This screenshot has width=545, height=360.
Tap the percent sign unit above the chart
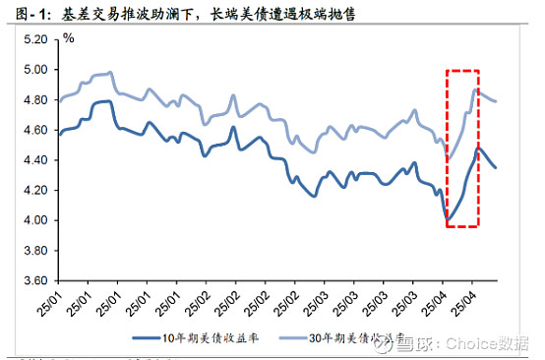pos(68,37)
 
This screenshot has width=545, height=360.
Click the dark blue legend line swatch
pos(151,337)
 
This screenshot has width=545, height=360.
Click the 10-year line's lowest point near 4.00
pos(448,220)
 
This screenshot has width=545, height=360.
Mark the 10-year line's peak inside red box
pos(478,148)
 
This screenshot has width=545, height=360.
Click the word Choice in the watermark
pos(478,345)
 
